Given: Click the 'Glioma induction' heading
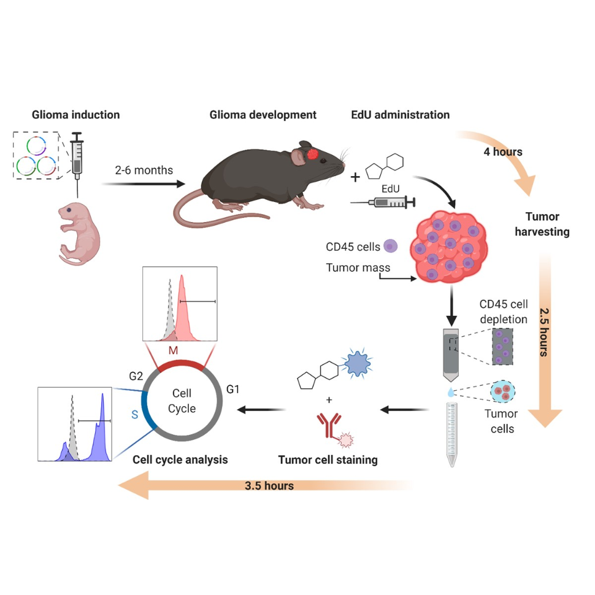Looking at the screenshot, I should [75, 115].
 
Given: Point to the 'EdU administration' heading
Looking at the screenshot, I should [400, 115].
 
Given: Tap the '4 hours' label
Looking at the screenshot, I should [503, 152].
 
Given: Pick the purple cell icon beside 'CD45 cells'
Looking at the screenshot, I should [391, 247].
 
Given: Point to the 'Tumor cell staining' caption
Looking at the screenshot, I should [329, 459].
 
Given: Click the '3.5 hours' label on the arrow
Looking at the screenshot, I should [269, 486].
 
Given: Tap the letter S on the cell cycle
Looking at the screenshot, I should [134, 415].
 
